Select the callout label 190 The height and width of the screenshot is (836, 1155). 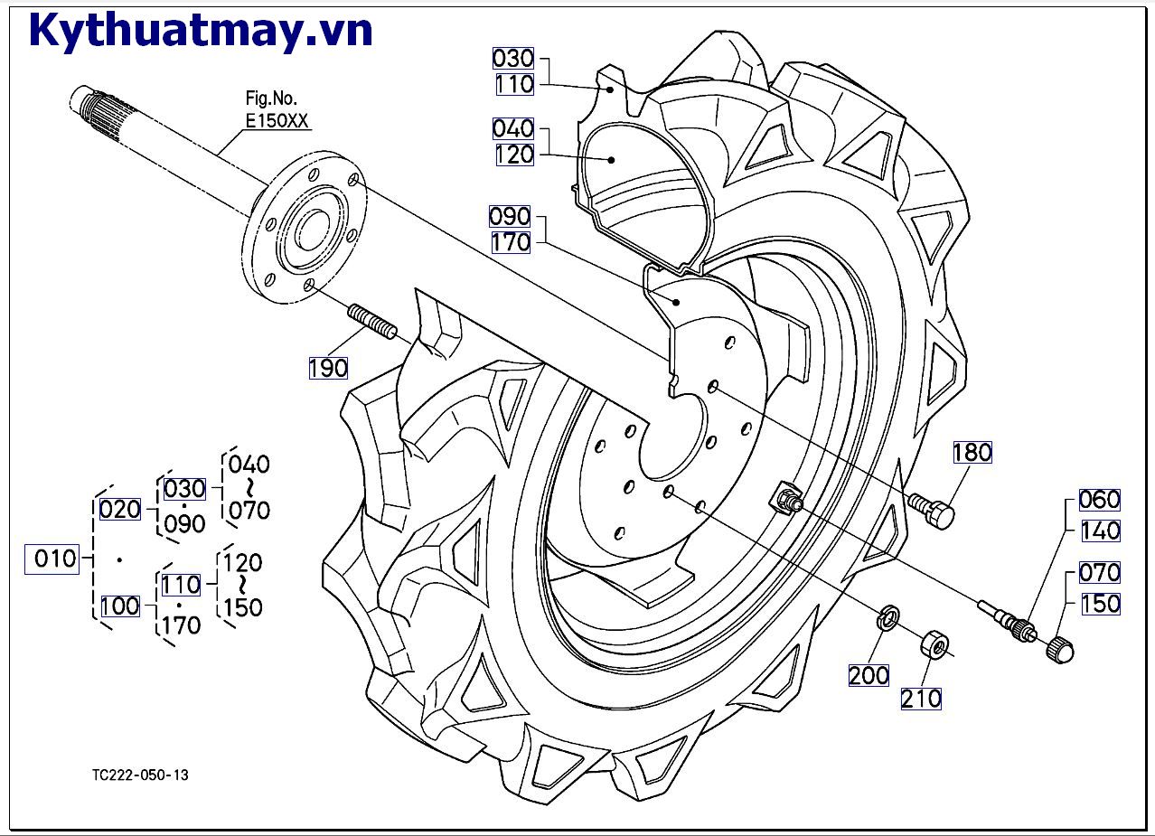[x=328, y=368]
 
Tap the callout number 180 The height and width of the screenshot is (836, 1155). [x=972, y=452]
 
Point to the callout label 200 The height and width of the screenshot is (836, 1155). [x=869, y=674]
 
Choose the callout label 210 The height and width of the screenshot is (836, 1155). [x=921, y=698]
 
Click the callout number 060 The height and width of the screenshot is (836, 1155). [x=1100, y=499]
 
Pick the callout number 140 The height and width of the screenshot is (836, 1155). [x=1100, y=531]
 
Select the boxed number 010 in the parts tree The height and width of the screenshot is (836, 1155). [x=55, y=559]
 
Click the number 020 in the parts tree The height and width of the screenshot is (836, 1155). [x=120, y=510]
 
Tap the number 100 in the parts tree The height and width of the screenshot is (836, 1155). [x=120, y=606]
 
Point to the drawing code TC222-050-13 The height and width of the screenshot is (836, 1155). [x=140, y=775]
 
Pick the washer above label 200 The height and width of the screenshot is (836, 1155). [x=887, y=619]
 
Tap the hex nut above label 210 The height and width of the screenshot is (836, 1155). [x=934, y=645]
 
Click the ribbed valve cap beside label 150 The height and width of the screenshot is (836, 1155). [x=1061, y=649]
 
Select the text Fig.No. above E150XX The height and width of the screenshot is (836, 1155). [x=271, y=98]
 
